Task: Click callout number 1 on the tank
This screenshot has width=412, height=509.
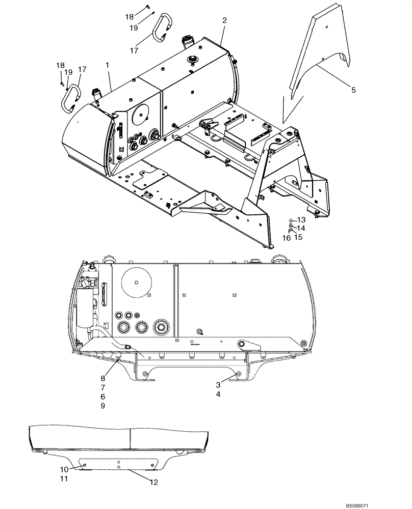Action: pos(108,66)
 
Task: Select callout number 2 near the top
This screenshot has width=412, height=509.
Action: pos(224,20)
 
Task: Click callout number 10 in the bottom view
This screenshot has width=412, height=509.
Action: pos(64,469)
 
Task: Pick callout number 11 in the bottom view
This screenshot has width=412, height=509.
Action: pos(64,479)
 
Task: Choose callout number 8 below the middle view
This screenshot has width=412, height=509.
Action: pos(102,378)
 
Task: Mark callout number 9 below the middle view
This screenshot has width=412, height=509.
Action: pos(102,406)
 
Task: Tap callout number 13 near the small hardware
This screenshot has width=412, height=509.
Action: pos(301,219)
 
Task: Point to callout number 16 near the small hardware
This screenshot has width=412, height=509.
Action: pos(287,237)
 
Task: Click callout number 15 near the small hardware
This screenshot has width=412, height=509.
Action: pos(298,237)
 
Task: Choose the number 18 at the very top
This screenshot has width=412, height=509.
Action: pos(130,17)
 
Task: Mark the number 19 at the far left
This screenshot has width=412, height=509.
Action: pos(68,72)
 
